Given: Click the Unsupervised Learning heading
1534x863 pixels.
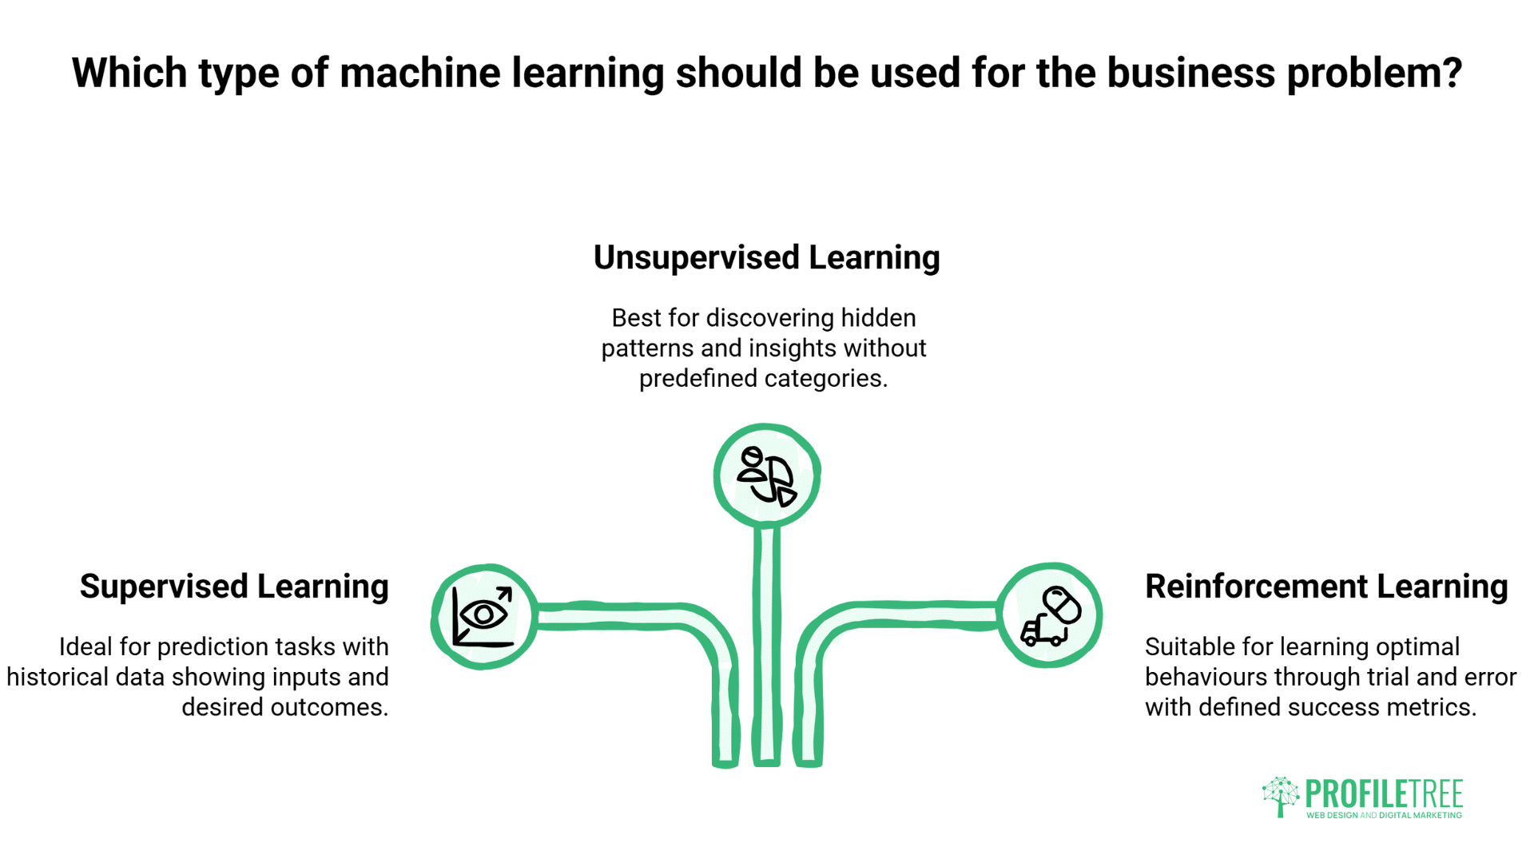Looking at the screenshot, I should point(766,258).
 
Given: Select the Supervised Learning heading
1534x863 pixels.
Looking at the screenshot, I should point(234,587).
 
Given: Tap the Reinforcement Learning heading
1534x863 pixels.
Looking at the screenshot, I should point(1326,587).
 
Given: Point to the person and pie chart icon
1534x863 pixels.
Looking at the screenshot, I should point(766,476).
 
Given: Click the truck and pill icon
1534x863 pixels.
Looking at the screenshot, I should point(1050,615).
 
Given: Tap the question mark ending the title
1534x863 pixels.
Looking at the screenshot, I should point(1453,74).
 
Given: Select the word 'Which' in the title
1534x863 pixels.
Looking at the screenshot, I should point(129,74).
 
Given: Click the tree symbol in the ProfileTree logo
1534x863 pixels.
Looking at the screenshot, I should point(1281,796).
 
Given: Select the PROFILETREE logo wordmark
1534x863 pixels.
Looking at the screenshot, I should point(1383,793).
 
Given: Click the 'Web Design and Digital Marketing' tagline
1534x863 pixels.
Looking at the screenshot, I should point(1384,816).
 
